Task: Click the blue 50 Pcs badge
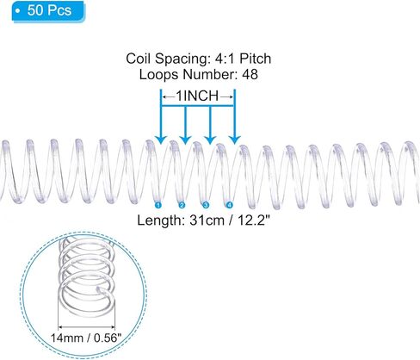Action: coord(48,11)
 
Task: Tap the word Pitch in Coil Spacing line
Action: coord(255,59)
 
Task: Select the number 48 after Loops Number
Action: coord(250,74)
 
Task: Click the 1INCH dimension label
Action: coord(197,96)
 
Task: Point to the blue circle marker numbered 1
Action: coord(158,205)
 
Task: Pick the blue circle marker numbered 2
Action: coord(182,205)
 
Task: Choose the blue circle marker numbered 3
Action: coord(206,205)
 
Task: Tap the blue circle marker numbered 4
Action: coord(230,205)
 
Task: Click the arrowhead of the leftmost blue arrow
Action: coord(161,140)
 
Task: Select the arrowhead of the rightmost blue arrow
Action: coord(235,140)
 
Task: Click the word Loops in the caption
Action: coord(158,75)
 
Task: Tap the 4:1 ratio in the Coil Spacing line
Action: coord(225,59)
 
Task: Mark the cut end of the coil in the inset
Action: coord(99,290)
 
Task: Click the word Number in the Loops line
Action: coord(209,74)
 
